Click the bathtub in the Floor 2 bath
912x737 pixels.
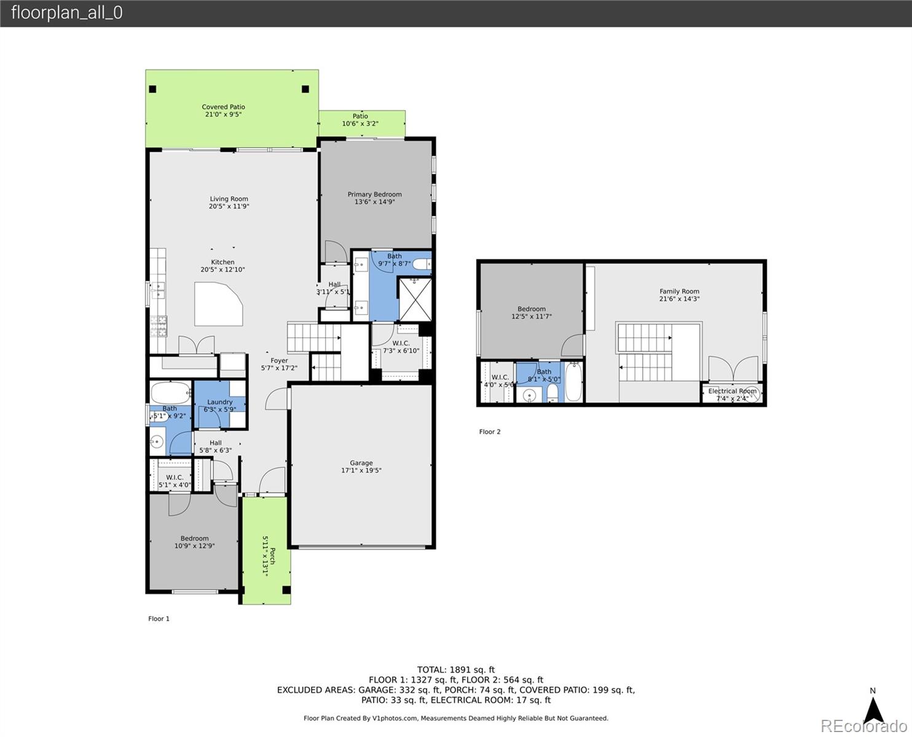coord(572,383)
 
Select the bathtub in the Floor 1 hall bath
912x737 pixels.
coord(170,392)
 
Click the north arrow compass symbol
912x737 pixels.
coord(873,708)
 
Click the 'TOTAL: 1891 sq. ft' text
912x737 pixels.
coord(455,670)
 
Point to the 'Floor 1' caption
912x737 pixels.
coord(159,618)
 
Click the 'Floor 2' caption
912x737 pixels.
coord(490,432)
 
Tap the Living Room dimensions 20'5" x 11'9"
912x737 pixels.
coord(229,206)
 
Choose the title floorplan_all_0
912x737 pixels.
coord(66,13)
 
